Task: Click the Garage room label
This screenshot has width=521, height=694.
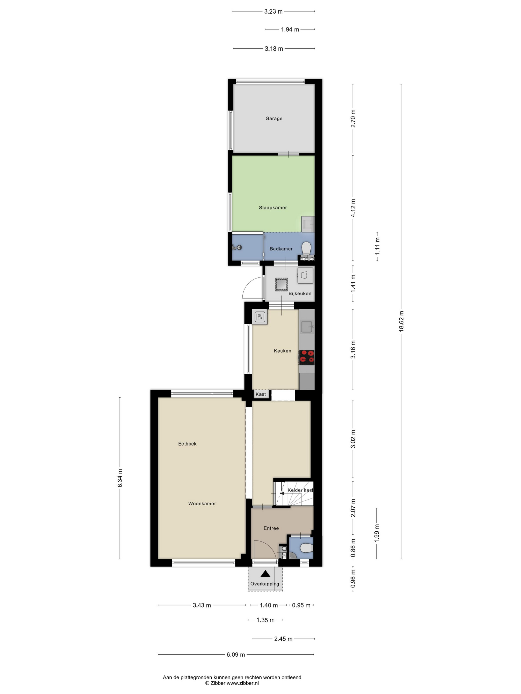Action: tap(274, 118)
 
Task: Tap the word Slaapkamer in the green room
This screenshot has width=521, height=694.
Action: tap(273, 208)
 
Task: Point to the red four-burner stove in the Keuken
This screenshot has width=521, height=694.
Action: tap(306, 357)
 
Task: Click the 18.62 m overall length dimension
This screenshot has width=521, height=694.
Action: tap(401, 321)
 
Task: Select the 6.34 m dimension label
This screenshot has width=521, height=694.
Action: tap(120, 478)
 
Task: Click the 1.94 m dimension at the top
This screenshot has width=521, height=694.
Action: tap(290, 29)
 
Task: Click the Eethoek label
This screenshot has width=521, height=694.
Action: tap(187, 444)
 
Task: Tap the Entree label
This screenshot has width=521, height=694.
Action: tap(271, 528)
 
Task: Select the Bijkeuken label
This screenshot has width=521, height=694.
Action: tap(300, 293)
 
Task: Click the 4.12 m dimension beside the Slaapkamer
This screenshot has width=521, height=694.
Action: tap(353, 208)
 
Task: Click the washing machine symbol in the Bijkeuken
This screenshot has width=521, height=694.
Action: tap(305, 275)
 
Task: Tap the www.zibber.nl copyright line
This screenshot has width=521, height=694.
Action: tap(232, 683)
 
